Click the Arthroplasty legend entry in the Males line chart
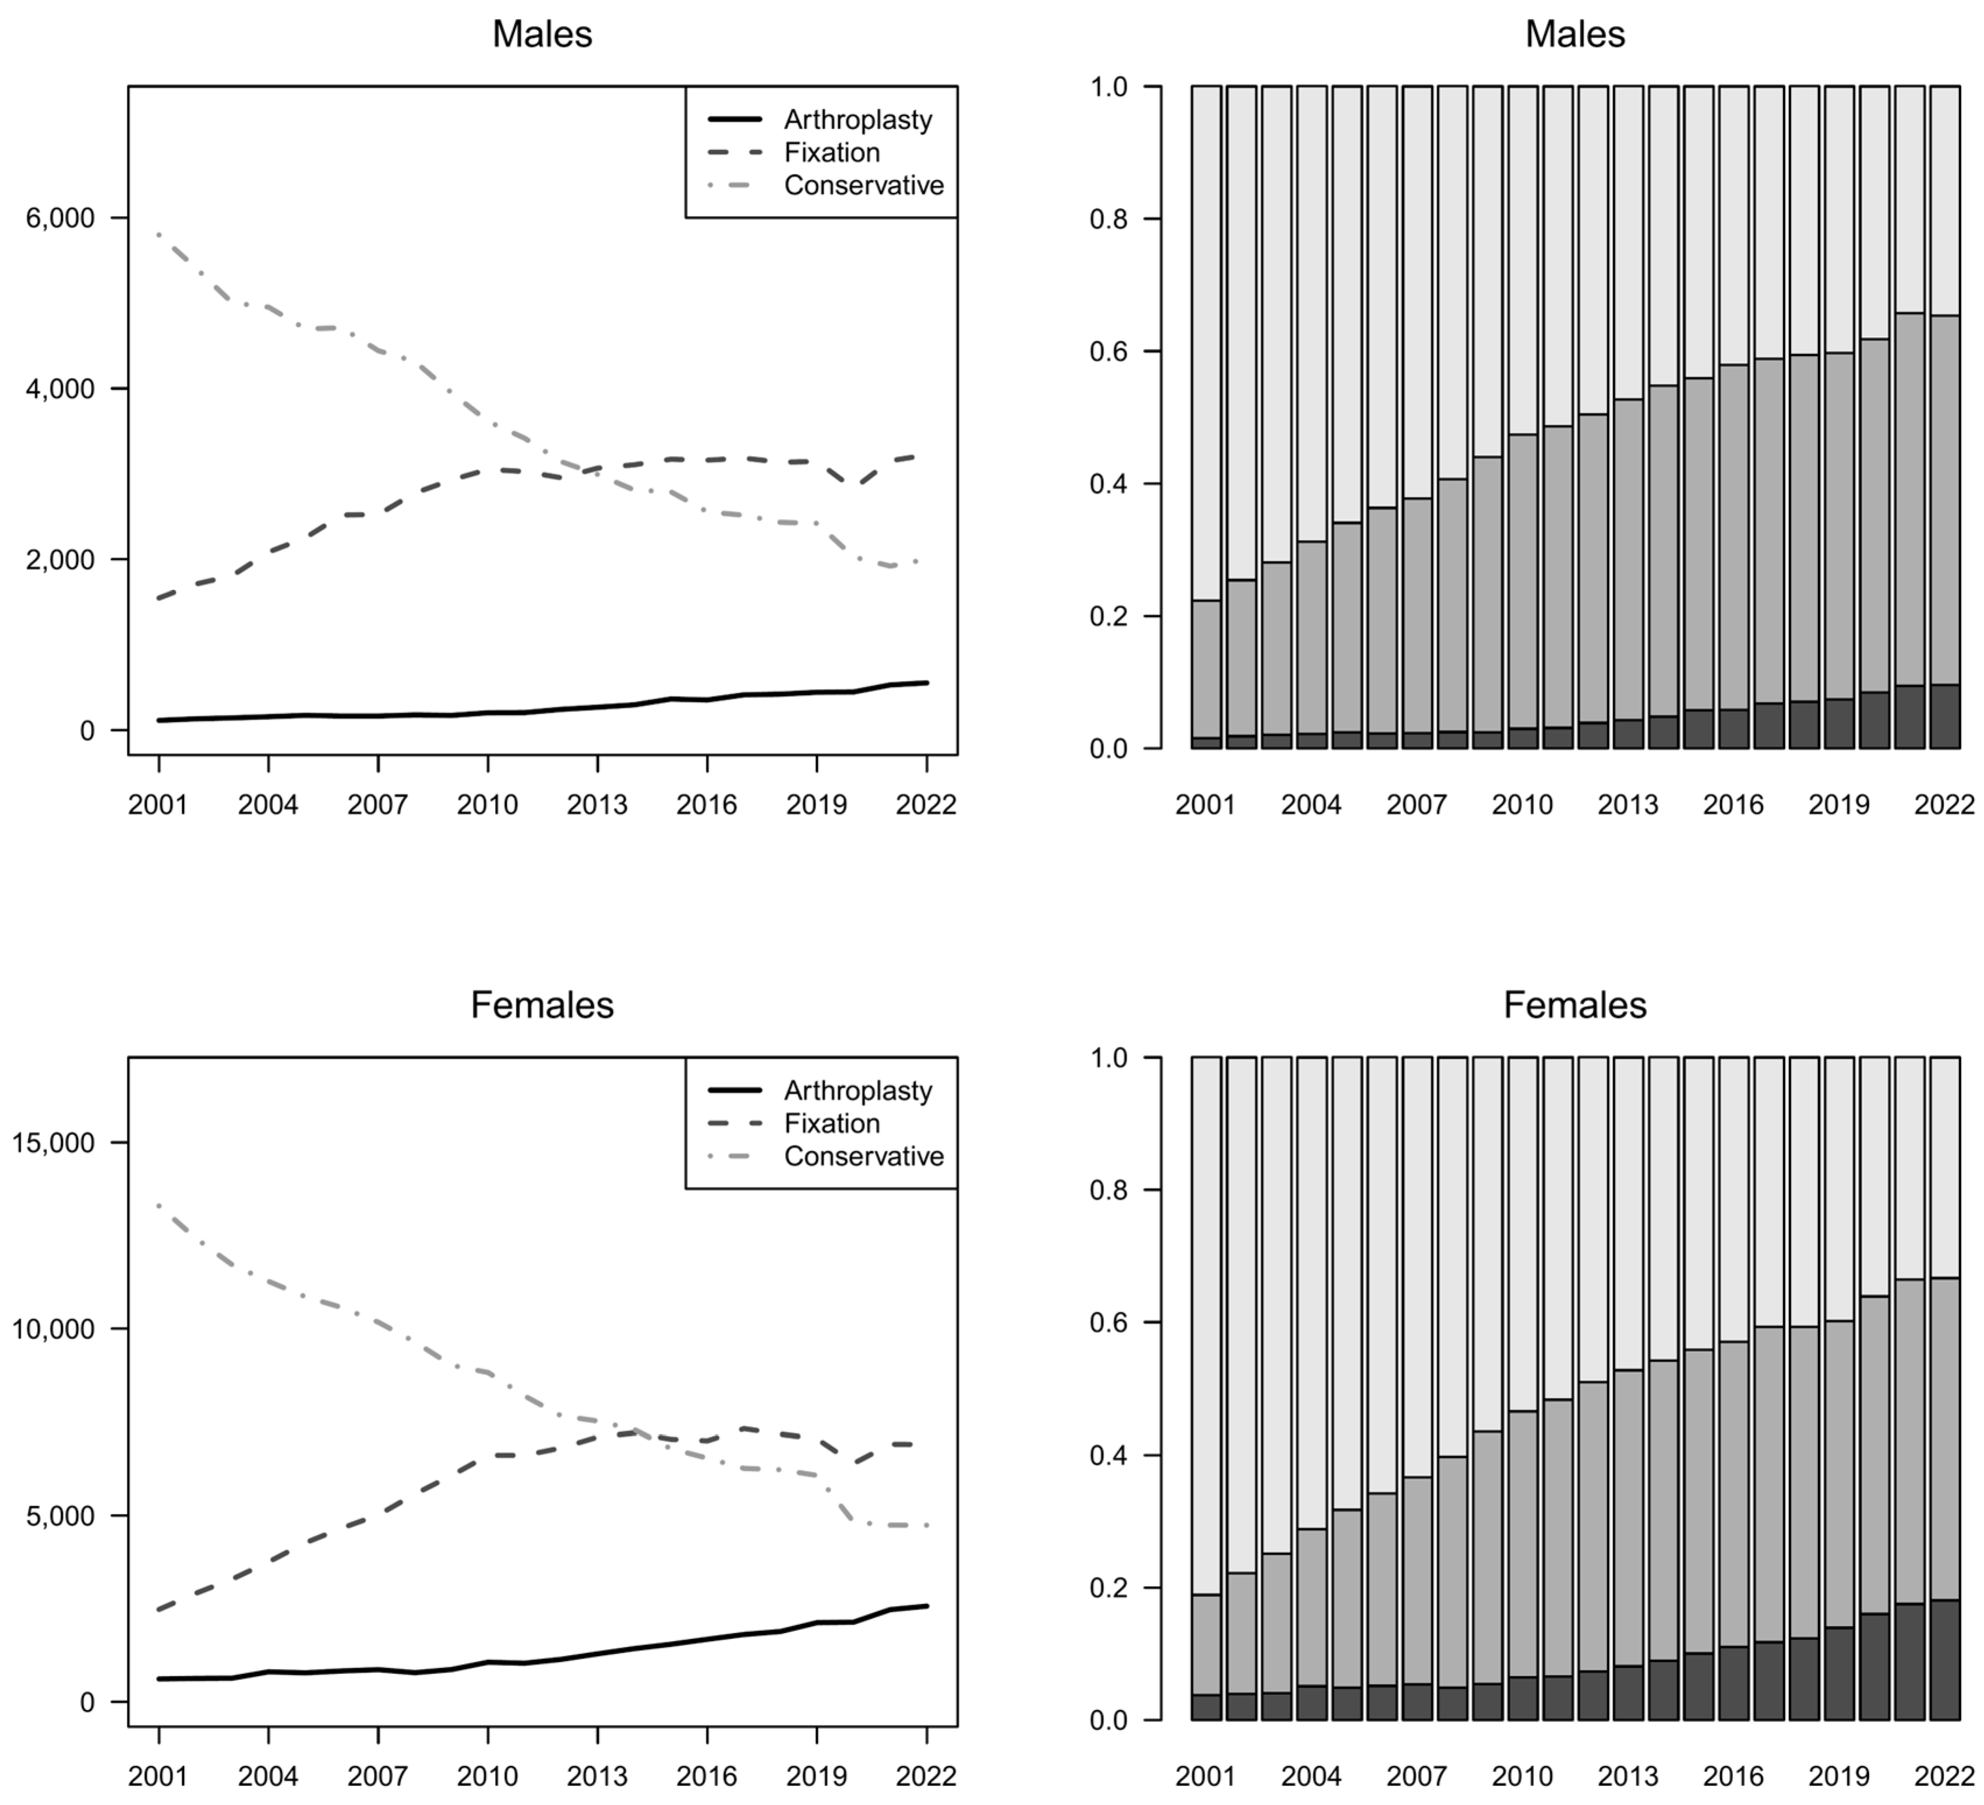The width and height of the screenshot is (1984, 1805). pyautogui.click(x=820, y=120)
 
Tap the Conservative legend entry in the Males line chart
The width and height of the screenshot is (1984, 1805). pyautogui.click(x=825, y=185)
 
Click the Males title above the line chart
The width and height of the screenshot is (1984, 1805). pyautogui.click(x=542, y=34)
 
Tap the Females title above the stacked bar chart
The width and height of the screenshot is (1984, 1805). pyautogui.click(x=1575, y=1005)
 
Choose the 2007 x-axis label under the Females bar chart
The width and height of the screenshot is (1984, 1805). pyautogui.click(x=1416, y=1776)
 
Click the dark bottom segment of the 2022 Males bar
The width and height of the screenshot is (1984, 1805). pyautogui.click(x=1944, y=717)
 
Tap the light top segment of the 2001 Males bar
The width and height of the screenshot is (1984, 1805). pyautogui.click(x=1206, y=344)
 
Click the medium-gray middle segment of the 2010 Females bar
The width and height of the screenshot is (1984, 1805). pyautogui.click(x=1523, y=1544)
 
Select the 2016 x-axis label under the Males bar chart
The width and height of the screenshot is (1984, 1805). pyautogui.click(x=1733, y=805)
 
